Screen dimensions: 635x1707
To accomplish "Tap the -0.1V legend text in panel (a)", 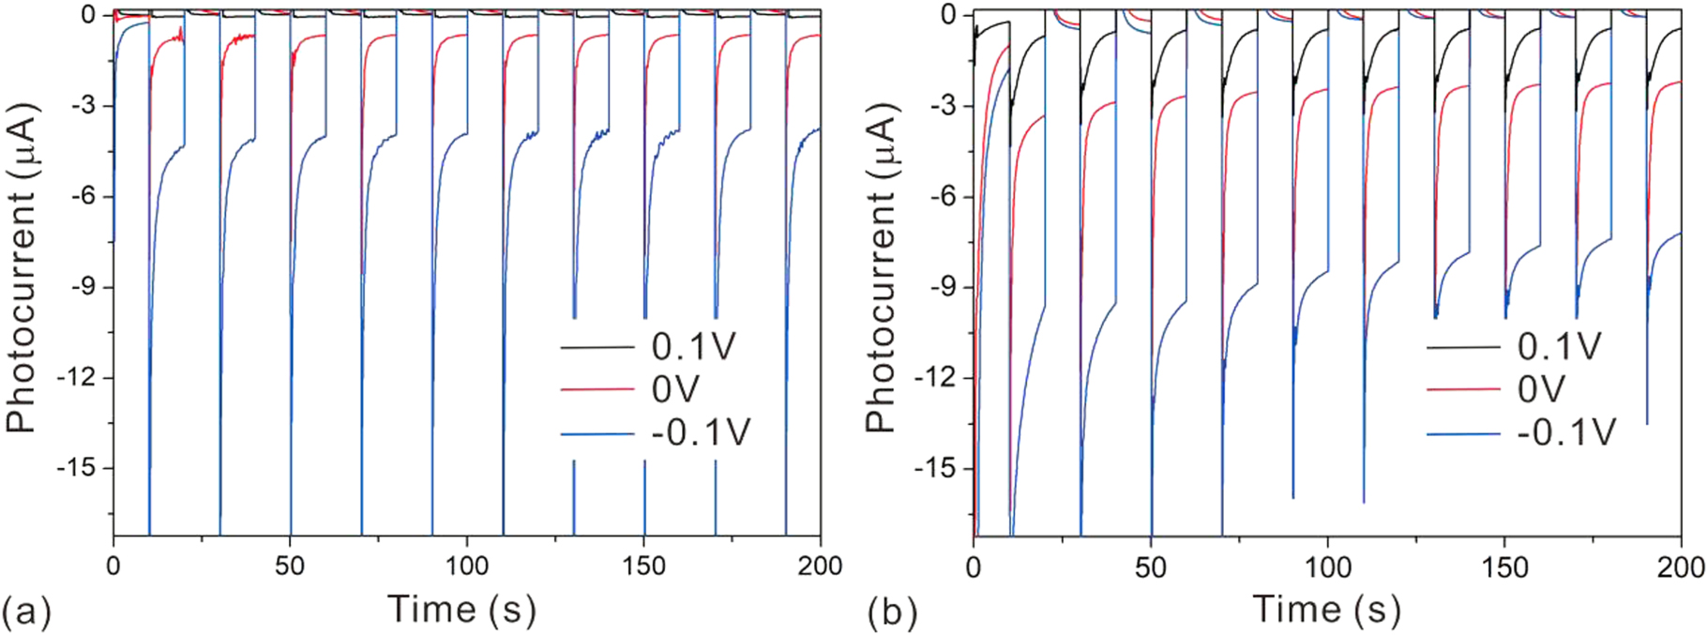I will [x=701, y=433].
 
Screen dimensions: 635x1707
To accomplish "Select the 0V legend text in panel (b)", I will [x=1541, y=389].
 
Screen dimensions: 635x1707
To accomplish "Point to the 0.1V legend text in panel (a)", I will [x=694, y=347].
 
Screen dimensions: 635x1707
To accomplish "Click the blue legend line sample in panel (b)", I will [x=1464, y=434].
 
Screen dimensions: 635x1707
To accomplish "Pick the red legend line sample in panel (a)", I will [x=597, y=389].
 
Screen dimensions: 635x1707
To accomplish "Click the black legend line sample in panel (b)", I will [x=1464, y=347].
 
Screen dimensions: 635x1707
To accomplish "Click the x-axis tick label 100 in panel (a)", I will [x=467, y=567].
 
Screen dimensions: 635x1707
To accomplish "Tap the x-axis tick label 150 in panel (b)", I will [x=1504, y=567].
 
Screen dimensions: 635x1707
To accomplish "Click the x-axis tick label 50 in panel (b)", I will [x=1150, y=567].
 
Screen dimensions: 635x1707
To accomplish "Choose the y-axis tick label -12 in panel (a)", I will [x=81, y=378].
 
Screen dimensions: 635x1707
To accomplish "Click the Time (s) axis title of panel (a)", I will [x=461, y=610].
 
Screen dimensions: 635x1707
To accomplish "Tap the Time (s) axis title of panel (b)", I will [x=1326, y=610].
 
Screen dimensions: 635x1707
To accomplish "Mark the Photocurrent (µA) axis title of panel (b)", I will [x=881, y=269].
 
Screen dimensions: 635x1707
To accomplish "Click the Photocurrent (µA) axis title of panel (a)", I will [x=21, y=269].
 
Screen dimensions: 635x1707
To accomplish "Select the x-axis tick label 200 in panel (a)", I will [x=821, y=567].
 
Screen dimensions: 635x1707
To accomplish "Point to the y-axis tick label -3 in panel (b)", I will [x=947, y=105].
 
